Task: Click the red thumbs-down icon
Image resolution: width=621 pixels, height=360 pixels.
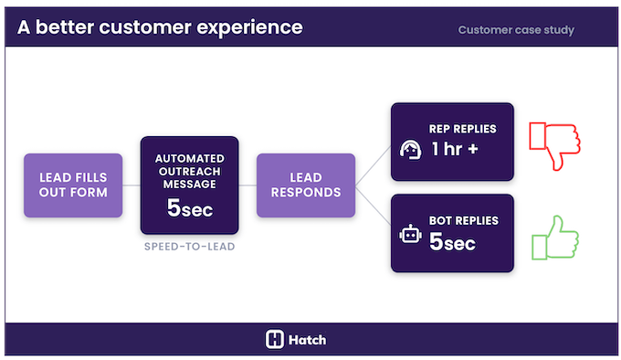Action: (556, 143)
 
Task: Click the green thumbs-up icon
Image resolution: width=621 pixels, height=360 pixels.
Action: (555, 237)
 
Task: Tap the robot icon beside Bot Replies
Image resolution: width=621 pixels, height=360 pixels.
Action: (411, 235)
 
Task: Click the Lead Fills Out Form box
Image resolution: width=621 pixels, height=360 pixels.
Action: (73, 185)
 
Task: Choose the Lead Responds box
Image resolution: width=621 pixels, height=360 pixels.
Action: (306, 185)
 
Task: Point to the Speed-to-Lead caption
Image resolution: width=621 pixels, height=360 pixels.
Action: (189, 248)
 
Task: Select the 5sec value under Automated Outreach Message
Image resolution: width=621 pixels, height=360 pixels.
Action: (189, 208)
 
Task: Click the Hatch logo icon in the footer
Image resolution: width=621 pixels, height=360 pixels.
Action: (275, 340)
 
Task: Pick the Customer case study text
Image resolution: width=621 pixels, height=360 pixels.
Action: (516, 29)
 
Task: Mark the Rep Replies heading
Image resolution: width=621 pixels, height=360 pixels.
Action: (461, 129)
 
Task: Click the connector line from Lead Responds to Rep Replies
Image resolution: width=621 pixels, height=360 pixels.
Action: (373, 164)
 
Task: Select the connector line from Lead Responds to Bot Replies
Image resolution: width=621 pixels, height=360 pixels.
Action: (373, 207)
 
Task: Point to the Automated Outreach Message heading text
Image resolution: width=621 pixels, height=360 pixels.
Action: (189, 169)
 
